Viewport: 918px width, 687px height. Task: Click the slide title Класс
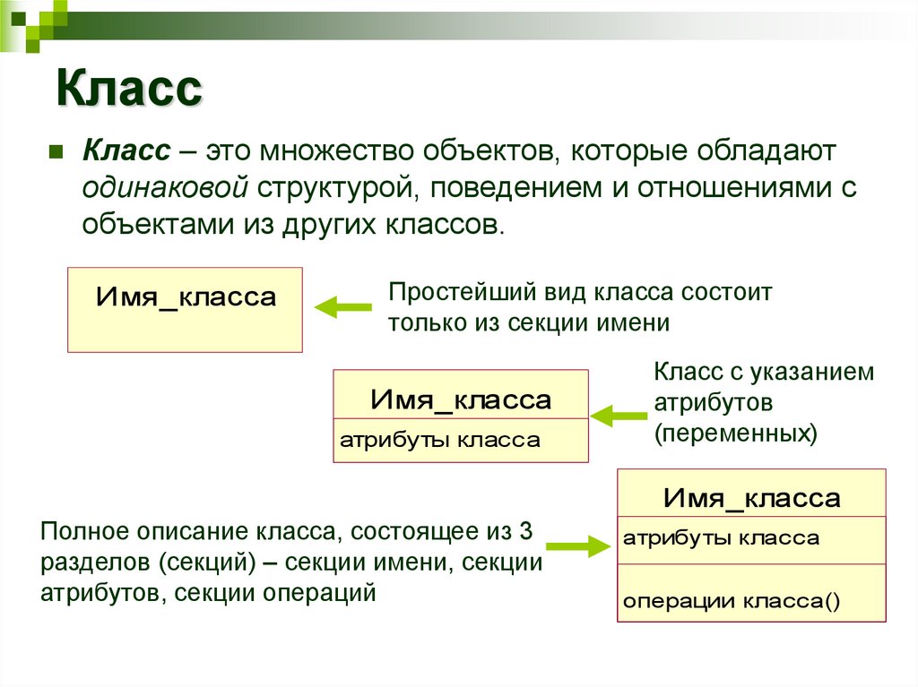point(130,90)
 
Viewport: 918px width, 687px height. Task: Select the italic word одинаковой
point(166,187)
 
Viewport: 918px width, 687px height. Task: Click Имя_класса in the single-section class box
point(186,296)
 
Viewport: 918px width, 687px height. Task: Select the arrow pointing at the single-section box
point(342,307)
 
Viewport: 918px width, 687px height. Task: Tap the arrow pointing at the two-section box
point(619,414)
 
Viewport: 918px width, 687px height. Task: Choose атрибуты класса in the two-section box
point(439,440)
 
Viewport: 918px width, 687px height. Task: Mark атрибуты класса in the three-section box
point(721,537)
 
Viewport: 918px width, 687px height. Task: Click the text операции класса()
point(732,601)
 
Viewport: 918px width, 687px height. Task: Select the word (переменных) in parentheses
point(735,434)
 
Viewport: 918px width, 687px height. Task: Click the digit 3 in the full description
point(526,531)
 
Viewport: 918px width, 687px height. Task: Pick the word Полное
point(83,531)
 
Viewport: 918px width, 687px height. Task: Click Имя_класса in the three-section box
point(751,498)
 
